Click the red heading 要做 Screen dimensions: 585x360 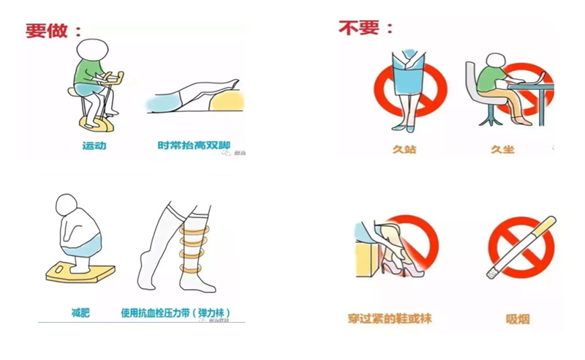coord(47,31)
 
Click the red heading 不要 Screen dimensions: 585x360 coord(359,28)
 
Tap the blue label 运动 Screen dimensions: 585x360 coord(94,146)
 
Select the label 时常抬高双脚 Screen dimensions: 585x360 coord(194,146)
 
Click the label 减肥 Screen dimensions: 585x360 coord(80,312)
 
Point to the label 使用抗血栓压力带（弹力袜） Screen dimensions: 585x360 coord(175,312)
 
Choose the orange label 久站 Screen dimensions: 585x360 coord(404,149)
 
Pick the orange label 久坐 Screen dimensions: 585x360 coord(502,149)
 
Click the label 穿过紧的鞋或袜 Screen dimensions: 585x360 coord(390,318)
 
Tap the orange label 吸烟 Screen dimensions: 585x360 coord(518,319)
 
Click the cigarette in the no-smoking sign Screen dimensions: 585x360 coord(521,247)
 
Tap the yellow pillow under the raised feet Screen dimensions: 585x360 coord(226,100)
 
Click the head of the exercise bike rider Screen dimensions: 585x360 coord(93,50)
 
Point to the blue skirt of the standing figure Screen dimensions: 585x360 coord(409,74)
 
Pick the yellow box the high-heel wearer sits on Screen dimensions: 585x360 coord(367,258)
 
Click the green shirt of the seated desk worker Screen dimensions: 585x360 coord(490,78)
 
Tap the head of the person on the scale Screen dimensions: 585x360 coord(67,205)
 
